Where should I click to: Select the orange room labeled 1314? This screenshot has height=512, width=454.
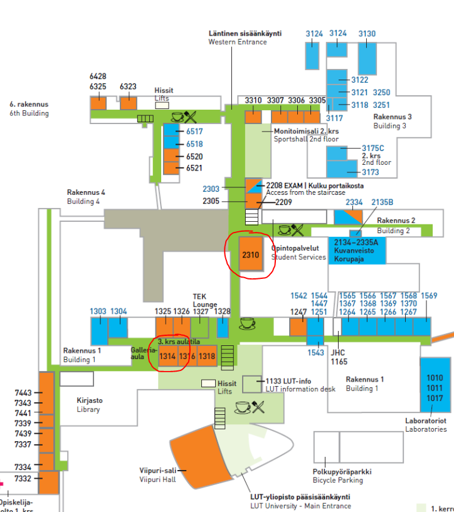click(x=167, y=356)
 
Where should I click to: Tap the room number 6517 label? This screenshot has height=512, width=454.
click(x=194, y=132)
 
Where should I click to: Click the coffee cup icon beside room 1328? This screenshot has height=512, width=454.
click(x=248, y=323)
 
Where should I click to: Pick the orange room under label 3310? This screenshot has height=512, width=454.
click(x=253, y=117)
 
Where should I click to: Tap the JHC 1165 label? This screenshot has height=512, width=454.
click(x=339, y=357)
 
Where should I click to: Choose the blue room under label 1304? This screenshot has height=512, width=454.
click(x=118, y=329)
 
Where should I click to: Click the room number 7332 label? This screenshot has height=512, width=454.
click(x=23, y=479)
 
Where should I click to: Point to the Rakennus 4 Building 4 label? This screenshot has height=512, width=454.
click(x=86, y=197)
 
